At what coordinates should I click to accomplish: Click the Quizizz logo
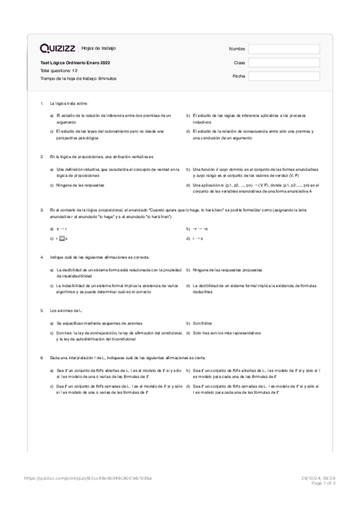(58, 48)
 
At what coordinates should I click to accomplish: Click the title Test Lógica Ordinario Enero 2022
(75, 63)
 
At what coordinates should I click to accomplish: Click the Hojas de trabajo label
(99, 48)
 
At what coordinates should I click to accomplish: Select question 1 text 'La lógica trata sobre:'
(69, 103)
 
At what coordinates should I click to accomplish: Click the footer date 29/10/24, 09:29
(322, 479)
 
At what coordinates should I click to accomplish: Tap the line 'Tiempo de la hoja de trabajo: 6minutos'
(78, 78)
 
